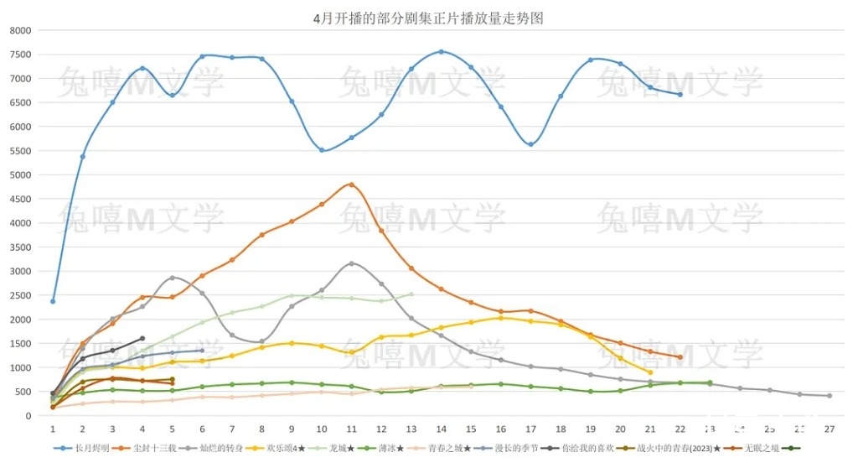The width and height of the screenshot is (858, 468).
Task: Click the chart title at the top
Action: tap(427, 18)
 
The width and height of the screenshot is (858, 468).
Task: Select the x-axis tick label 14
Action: tap(441, 429)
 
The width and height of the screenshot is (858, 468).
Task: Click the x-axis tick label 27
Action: tap(829, 429)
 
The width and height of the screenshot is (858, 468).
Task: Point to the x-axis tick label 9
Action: tap(292, 429)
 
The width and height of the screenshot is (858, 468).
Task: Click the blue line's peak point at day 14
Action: tap(442, 52)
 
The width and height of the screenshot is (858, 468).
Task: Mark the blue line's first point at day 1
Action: tap(53, 301)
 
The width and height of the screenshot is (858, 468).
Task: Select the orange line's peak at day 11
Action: tap(351, 185)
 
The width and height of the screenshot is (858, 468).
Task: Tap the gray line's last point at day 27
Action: tap(830, 396)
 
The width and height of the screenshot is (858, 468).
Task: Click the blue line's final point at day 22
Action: tap(680, 95)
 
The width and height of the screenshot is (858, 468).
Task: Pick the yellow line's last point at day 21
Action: tap(650, 372)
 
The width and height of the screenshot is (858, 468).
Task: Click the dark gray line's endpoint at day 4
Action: tap(142, 339)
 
